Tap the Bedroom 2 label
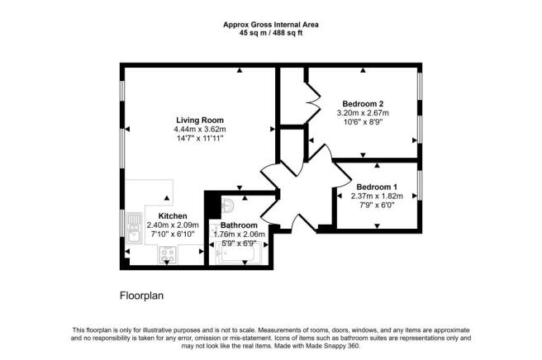(362, 102)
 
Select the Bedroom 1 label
(377, 186)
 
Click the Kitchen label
(174, 216)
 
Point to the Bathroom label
(239, 225)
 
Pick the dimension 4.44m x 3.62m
(199, 129)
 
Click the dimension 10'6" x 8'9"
(362, 122)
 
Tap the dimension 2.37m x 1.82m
(377, 196)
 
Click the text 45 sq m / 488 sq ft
(271, 34)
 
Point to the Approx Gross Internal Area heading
(271, 25)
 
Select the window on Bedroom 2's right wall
(420, 111)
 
